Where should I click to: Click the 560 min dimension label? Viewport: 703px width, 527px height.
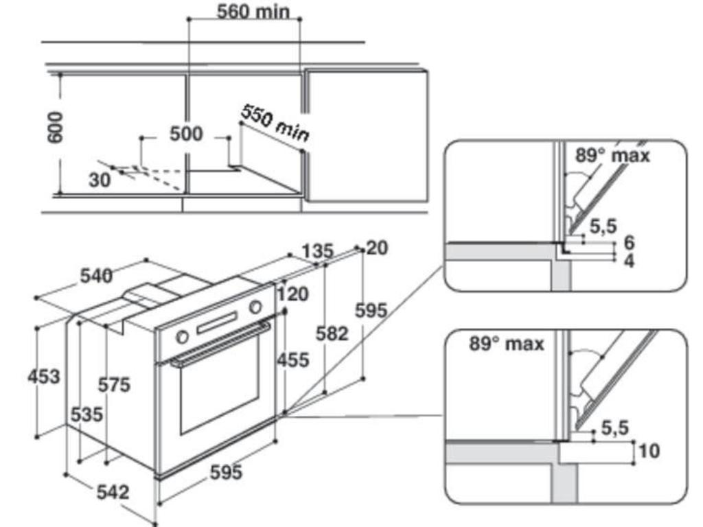(x=253, y=12)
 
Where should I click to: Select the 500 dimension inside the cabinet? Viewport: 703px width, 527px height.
(x=186, y=134)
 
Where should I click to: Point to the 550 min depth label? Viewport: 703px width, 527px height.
(x=274, y=124)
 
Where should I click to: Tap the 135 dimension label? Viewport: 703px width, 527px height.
(x=316, y=251)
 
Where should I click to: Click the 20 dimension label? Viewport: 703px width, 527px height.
(x=377, y=248)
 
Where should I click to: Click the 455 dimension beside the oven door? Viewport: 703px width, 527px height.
(x=293, y=360)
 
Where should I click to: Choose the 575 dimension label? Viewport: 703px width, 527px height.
(x=113, y=386)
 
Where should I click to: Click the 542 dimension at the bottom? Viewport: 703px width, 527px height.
(x=112, y=491)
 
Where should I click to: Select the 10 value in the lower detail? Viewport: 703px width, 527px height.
(x=649, y=451)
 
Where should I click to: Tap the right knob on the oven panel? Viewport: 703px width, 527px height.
(x=256, y=307)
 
